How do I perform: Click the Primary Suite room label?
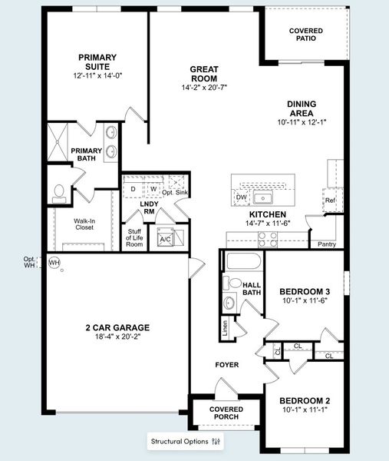click(x=97, y=62)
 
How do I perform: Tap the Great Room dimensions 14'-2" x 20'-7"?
click(x=204, y=88)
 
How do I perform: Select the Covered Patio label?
click(x=305, y=35)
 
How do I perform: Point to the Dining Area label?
click(x=302, y=108)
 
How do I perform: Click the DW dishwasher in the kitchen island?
click(x=240, y=197)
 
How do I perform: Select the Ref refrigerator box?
click(x=331, y=201)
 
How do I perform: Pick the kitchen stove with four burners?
click(x=268, y=238)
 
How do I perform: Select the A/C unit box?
click(x=165, y=237)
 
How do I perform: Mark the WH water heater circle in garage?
click(x=54, y=262)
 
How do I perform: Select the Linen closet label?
click(x=225, y=330)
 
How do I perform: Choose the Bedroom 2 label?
click(x=305, y=400)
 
